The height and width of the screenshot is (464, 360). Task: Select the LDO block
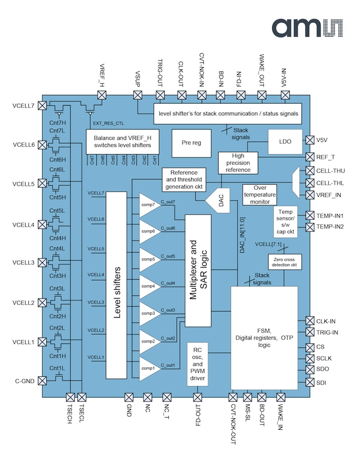pos(285,142)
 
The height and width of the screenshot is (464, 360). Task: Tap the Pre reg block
pos(191,143)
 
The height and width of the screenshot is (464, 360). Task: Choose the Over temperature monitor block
pos(260,195)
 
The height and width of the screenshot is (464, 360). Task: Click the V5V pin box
pos(309,140)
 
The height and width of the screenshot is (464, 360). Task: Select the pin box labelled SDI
pos(309,382)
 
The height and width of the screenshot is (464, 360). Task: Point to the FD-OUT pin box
pos(197,397)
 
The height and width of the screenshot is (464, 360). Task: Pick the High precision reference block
pos(238,163)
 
